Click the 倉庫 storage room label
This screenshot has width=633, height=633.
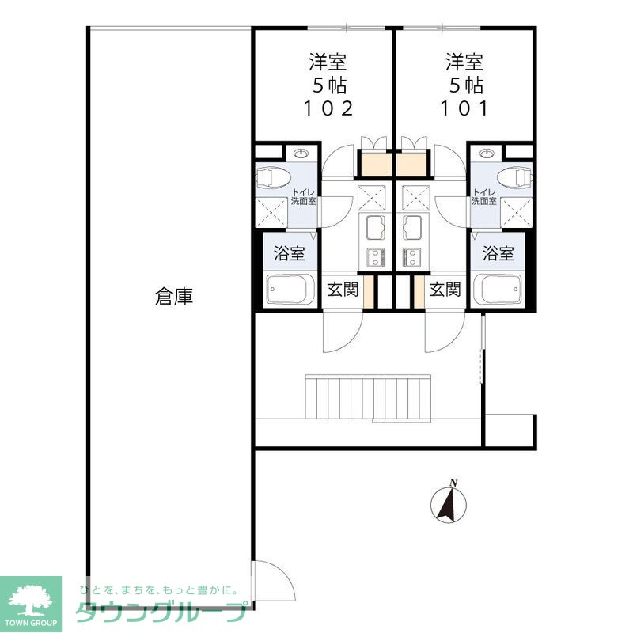click(x=174, y=297)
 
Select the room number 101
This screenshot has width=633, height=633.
click(x=464, y=109)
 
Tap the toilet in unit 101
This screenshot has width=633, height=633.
click(x=515, y=177)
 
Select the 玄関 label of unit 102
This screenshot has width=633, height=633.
click(x=343, y=290)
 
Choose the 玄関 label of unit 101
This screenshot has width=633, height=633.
click(x=445, y=290)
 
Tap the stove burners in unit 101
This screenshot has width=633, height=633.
click(x=411, y=256)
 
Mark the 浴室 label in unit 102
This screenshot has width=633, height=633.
click(x=289, y=254)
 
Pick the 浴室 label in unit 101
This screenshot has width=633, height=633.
click(x=499, y=254)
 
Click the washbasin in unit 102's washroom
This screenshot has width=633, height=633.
click(x=300, y=154)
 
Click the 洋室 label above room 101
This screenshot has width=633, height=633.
click(x=464, y=61)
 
